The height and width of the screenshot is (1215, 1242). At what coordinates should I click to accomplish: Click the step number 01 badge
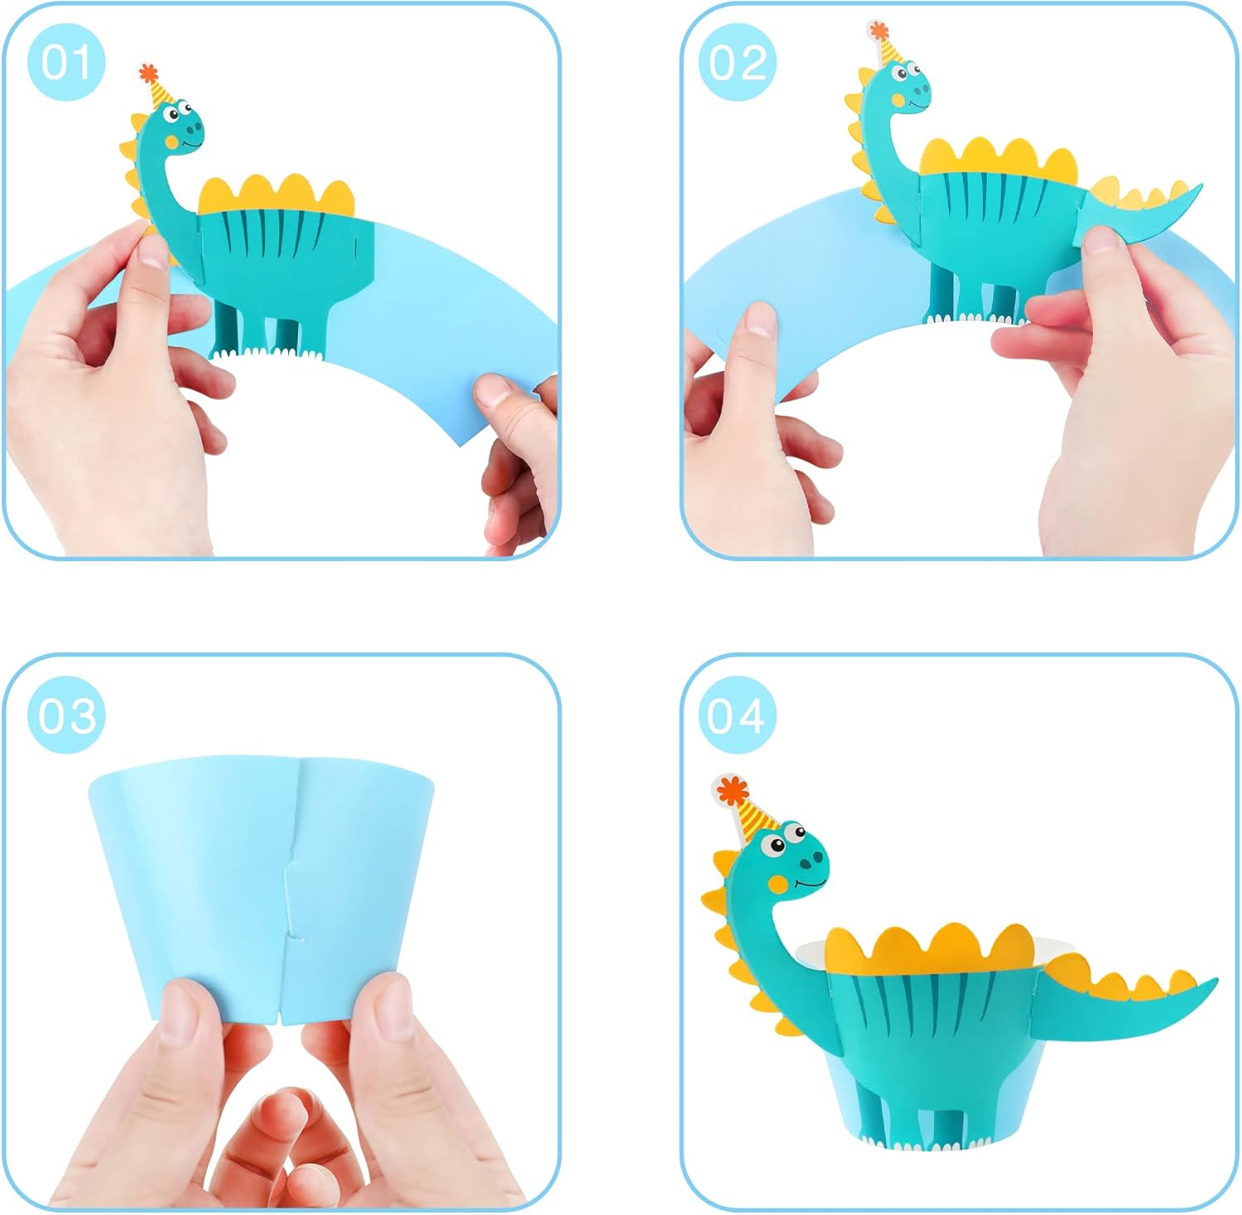tap(66, 62)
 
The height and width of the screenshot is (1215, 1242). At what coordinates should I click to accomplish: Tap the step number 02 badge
tap(737, 62)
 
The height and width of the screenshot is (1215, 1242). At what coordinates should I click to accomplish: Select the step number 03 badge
tap(66, 714)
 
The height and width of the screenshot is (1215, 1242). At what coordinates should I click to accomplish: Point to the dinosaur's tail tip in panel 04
tap(1214, 982)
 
